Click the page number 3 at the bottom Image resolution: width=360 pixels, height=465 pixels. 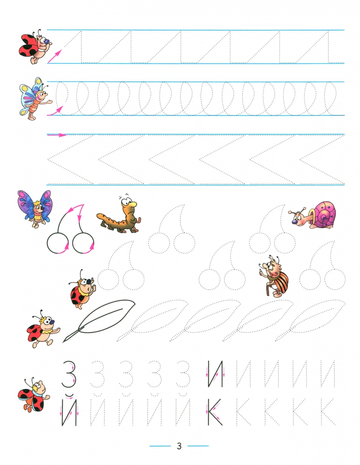pyautogui.click(x=179, y=446)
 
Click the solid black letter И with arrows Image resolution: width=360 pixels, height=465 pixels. pyautogui.click(x=215, y=374)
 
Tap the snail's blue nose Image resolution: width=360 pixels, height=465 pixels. pyautogui.click(x=295, y=222)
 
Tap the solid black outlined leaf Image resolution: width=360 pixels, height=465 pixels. pyautogui.click(x=99, y=320)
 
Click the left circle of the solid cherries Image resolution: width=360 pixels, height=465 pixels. pyautogui.click(x=58, y=243)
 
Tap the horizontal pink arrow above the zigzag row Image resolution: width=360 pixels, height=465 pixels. pyautogui.click(x=57, y=135)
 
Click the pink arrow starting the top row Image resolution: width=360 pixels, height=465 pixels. pyautogui.click(x=55, y=56)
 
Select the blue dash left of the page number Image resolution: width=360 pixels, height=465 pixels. pyautogui.click(x=160, y=446)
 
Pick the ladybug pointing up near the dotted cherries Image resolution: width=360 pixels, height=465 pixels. pyautogui.click(x=81, y=289)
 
